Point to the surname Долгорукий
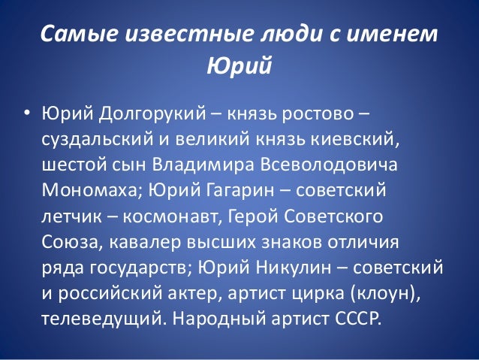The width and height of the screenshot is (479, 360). pos(140,114)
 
